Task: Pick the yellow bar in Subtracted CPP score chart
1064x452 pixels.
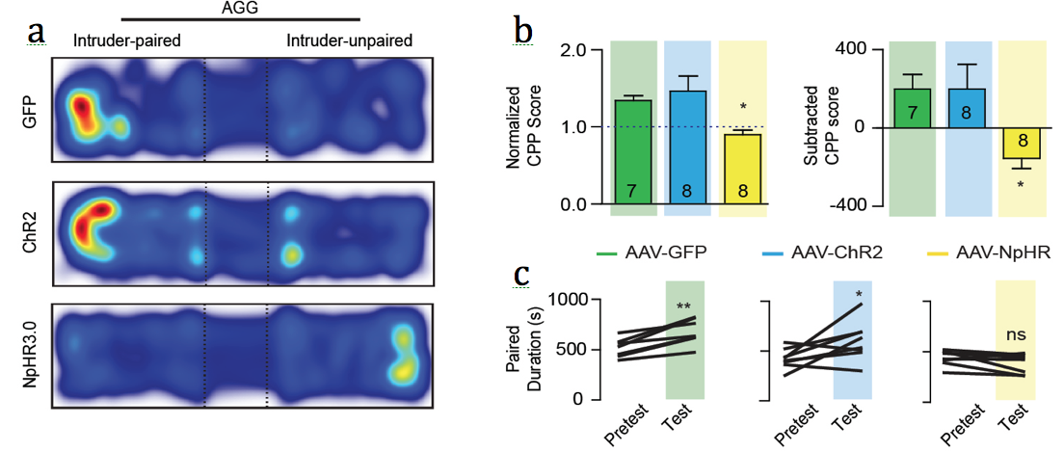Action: tap(1022, 142)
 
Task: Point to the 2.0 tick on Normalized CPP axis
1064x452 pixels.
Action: tap(576, 49)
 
